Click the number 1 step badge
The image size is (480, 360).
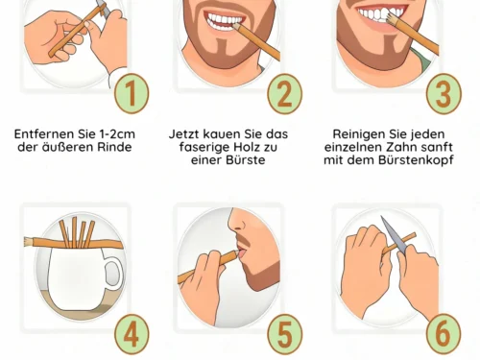[x=132, y=93]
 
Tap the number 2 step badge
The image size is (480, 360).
[x=284, y=93]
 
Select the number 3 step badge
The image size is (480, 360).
[x=444, y=93]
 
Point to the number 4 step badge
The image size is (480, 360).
[x=132, y=334]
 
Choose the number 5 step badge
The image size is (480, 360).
[x=284, y=334]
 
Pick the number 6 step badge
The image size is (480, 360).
[x=444, y=334]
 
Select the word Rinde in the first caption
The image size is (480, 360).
[x=114, y=147]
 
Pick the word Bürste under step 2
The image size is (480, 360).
[x=244, y=160]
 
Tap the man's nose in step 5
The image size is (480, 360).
[x=237, y=222]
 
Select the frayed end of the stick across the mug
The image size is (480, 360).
[x=29, y=242]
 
